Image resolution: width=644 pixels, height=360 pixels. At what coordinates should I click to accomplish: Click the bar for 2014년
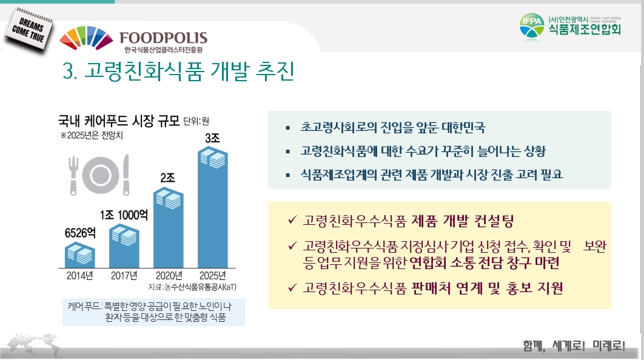point(80,255)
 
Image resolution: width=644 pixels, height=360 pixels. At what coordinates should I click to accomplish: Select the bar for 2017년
point(124,246)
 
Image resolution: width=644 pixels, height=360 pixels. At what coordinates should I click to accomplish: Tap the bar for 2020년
point(169,228)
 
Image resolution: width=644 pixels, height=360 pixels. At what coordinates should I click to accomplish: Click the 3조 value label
point(212,138)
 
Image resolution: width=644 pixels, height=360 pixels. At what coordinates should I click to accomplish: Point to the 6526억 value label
point(80,233)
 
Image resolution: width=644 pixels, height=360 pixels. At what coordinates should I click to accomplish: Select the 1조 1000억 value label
point(124,215)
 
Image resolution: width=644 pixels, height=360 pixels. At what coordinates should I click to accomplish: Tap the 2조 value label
point(167,178)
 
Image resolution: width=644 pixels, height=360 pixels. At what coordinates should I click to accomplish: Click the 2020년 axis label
point(169,275)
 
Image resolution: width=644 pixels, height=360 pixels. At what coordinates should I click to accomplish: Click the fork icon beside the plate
point(73,175)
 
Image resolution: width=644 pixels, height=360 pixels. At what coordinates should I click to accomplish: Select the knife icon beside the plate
point(126,175)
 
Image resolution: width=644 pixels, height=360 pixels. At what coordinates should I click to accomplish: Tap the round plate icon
point(101,175)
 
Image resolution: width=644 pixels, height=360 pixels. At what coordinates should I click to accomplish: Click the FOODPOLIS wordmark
point(164,38)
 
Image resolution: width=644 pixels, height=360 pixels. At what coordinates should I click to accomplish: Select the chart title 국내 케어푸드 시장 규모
point(119,121)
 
